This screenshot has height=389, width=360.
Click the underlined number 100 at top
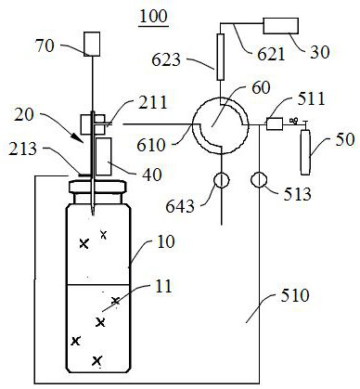154,16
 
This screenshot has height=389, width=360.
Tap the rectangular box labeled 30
280,26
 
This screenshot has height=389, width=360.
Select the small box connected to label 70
92,44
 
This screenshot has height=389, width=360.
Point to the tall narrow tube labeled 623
220,57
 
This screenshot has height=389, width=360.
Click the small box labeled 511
275,123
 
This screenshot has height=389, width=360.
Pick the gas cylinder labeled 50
305,152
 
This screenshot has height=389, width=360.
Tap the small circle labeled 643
222,180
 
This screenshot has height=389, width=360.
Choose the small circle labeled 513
259,180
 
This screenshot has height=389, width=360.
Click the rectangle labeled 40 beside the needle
104,157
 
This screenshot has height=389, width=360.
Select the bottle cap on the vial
97,188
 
